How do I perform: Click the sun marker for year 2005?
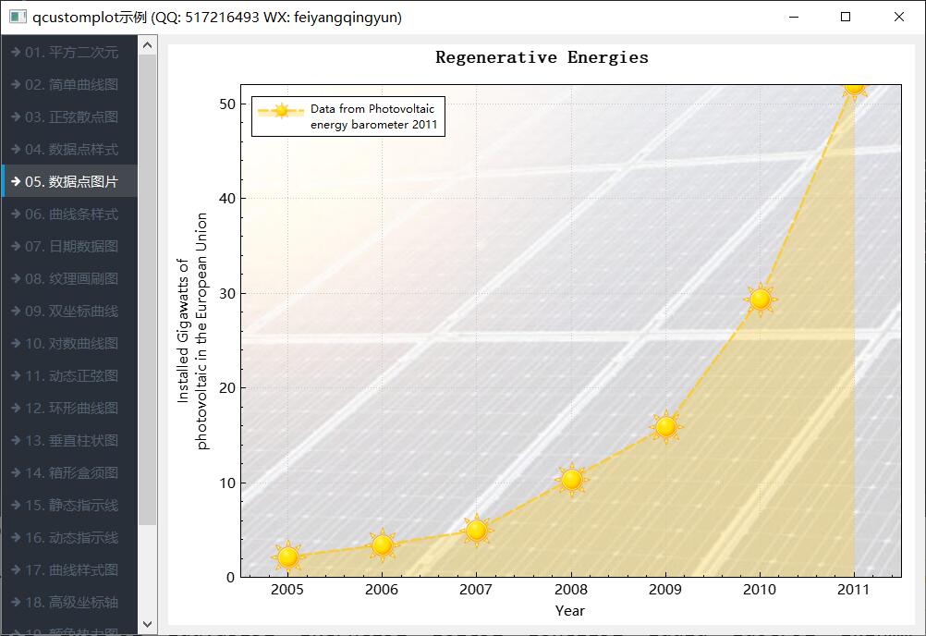(288, 556)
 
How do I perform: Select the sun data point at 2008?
(571, 479)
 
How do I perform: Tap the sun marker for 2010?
(760, 299)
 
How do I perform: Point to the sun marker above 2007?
(477, 530)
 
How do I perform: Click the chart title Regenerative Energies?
(542, 57)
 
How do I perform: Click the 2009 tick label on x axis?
(665, 589)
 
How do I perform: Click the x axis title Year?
(570, 610)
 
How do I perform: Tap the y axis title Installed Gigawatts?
(193, 331)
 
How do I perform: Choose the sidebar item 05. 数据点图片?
(70, 181)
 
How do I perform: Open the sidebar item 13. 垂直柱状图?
(70, 440)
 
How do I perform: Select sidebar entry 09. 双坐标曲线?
(70, 311)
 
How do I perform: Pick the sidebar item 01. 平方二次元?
(70, 52)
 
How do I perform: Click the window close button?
(899, 17)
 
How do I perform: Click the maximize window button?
(846, 17)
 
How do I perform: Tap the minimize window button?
(792, 17)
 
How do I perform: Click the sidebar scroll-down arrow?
(147, 625)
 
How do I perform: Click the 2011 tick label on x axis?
(854, 589)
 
